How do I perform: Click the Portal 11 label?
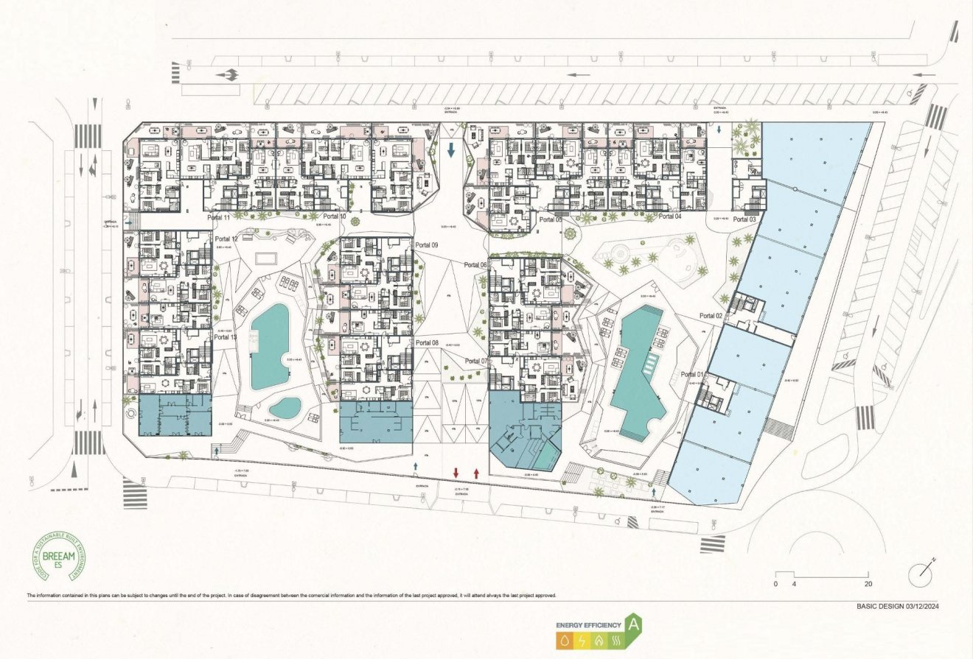click(218, 218)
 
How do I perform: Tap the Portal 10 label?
click(334, 217)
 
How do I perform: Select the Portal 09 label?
click(426, 245)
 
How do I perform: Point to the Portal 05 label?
click(550, 219)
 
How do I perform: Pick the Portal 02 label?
click(711, 315)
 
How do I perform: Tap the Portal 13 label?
click(226, 336)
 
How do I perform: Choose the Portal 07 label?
click(476, 361)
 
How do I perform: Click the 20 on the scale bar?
click(868, 584)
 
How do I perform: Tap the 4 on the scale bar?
click(793, 584)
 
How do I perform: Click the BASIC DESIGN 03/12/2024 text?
click(901, 607)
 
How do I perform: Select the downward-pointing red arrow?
click(456, 472)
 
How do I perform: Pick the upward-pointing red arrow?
click(476, 472)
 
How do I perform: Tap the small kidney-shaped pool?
click(285, 406)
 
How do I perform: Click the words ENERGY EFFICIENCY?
click(588, 625)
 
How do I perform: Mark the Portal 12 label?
click(226, 239)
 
